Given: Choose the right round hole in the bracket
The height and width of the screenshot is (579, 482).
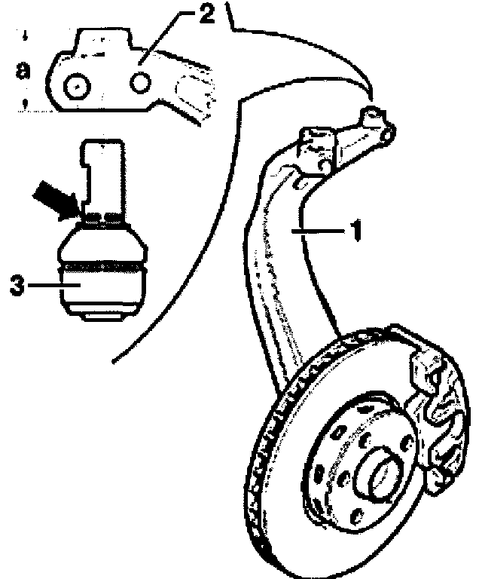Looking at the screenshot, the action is pos(141,82).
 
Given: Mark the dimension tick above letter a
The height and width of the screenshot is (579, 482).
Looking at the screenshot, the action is pos(26,35).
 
